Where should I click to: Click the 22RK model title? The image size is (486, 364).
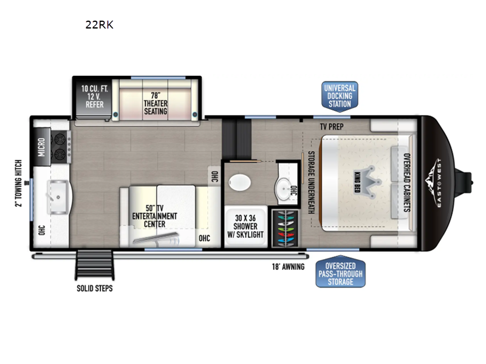point(100,25)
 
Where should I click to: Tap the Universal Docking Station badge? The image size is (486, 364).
point(340,96)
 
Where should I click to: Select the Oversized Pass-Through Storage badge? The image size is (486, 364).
point(341,272)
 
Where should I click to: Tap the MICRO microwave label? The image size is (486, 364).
point(41,147)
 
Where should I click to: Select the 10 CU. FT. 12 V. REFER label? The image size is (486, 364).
point(95,96)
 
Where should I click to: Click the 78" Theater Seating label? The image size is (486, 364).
point(156,103)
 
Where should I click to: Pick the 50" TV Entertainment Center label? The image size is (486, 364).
point(154,216)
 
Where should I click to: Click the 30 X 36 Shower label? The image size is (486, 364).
point(245,226)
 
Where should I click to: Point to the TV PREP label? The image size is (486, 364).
point(332,127)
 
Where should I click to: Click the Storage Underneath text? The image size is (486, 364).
point(311,183)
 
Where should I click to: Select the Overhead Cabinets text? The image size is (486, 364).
point(407,183)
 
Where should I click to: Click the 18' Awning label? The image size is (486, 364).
point(288,267)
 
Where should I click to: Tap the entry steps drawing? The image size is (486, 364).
point(95,265)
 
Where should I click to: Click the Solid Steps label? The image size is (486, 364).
point(95,289)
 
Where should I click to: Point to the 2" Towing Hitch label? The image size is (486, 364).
point(19,183)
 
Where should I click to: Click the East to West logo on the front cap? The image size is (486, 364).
point(435,183)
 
